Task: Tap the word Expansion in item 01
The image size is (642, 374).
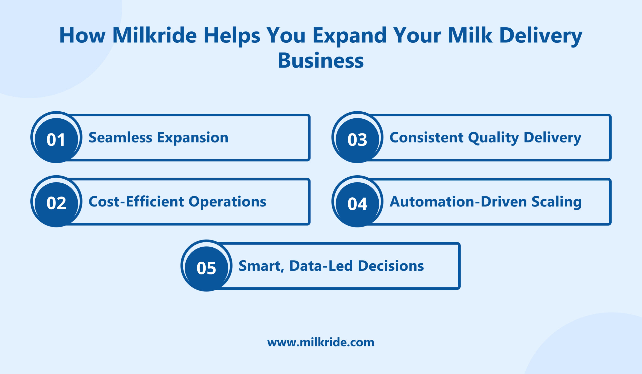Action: (193, 138)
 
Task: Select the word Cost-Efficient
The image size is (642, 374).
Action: (136, 202)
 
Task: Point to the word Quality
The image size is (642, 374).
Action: (494, 138)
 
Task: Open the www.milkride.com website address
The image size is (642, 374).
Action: (321, 342)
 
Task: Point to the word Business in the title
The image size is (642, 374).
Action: (321, 61)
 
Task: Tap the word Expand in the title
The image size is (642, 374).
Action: (350, 36)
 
